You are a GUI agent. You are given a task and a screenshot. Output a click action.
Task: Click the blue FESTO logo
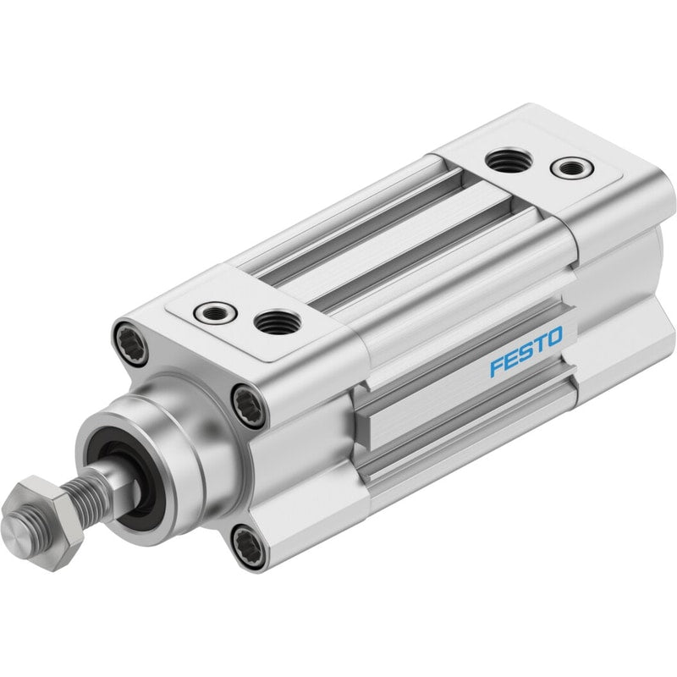click(526, 351)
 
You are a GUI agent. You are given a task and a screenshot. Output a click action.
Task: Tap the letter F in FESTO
click(497, 366)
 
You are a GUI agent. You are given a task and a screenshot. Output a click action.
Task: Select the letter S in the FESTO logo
click(526, 351)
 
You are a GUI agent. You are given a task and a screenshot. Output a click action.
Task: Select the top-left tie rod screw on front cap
click(131, 344)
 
